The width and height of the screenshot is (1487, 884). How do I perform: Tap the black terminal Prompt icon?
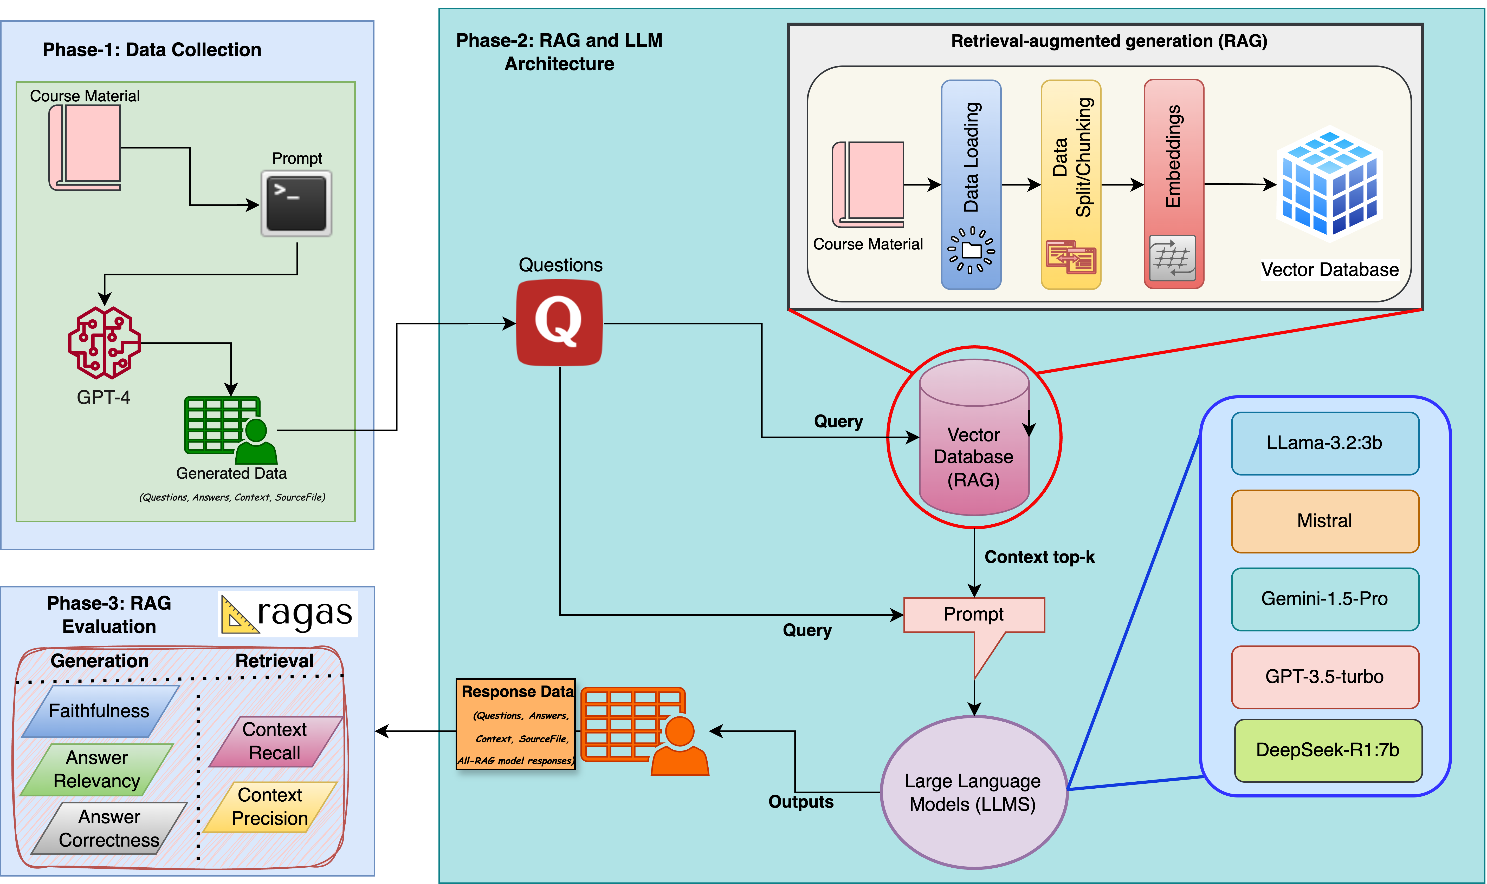(296, 204)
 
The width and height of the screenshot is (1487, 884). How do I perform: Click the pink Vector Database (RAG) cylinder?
(974, 438)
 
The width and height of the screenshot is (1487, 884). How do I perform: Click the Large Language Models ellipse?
(973, 792)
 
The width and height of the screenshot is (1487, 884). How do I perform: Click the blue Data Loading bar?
(971, 185)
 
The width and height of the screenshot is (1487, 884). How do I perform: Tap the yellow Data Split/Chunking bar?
(1070, 185)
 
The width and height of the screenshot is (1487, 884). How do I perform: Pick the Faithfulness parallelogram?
(100, 711)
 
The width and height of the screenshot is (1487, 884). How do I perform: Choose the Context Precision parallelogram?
(270, 807)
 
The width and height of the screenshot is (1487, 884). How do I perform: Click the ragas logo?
(288, 614)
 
